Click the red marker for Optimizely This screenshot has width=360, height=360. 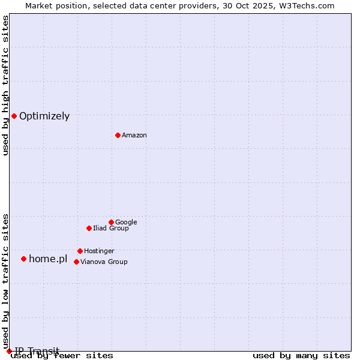tap(14, 116)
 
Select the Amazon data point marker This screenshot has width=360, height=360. tap(118, 135)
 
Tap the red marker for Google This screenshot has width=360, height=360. tap(111, 222)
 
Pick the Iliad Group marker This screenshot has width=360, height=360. tap(89, 228)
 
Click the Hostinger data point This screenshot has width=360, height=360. tap(80, 251)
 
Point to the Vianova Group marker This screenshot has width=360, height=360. tap(76, 262)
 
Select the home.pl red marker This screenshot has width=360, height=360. tap(23, 259)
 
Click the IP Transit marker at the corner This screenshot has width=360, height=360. tap(9, 351)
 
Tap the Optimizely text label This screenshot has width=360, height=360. tap(44, 116)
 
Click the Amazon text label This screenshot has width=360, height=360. tap(134, 136)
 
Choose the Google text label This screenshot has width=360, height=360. tap(126, 223)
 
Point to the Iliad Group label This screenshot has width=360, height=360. tap(111, 229)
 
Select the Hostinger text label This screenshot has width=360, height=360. tap(99, 251)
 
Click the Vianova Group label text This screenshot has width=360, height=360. tap(104, 262)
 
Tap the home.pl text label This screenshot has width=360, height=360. tap(48, 259)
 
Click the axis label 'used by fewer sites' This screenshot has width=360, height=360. tap(62, 356)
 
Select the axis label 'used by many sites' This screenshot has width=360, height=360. tap(301, 356)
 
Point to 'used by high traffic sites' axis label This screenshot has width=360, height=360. tap(6, 85)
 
